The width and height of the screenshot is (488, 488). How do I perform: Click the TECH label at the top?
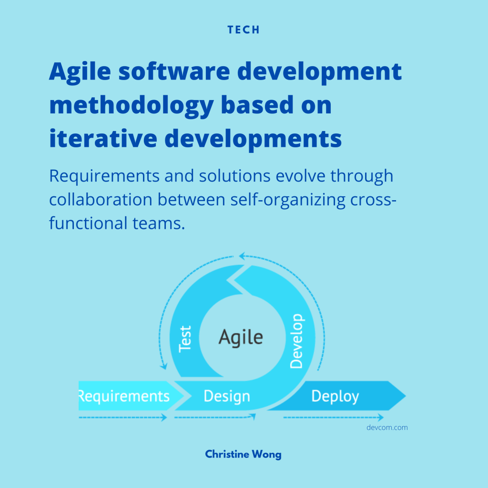click(x=244, y=30)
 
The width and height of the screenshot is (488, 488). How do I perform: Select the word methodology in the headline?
click(x=132, y=106)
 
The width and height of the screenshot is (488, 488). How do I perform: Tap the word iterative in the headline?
click(x=103, y=139)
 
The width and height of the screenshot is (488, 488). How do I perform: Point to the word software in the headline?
click(x=174, y=71)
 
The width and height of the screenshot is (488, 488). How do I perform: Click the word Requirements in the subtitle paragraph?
click(x=104, y=176)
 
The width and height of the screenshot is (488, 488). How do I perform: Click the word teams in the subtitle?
click(x=158, y=223)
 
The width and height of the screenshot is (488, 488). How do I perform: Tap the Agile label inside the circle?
click(x=241, y=338)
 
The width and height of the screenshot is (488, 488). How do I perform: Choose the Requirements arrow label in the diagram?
click(x=124, y=396)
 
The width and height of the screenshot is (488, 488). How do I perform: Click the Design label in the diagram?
click(x=227, y=396)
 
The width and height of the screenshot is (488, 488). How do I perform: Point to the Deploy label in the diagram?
click(x=335, y=396)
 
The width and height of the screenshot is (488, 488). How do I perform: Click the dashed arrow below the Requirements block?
click(x=123, y=417)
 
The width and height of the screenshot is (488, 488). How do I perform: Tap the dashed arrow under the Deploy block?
click(x=333, y=417)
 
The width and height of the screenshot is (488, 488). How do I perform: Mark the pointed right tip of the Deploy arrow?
click(x=406, y=396)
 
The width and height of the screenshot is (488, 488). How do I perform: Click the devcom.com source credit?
click(x=387, y=427)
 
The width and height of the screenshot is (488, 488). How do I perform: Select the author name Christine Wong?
click(x=243, y=454)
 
